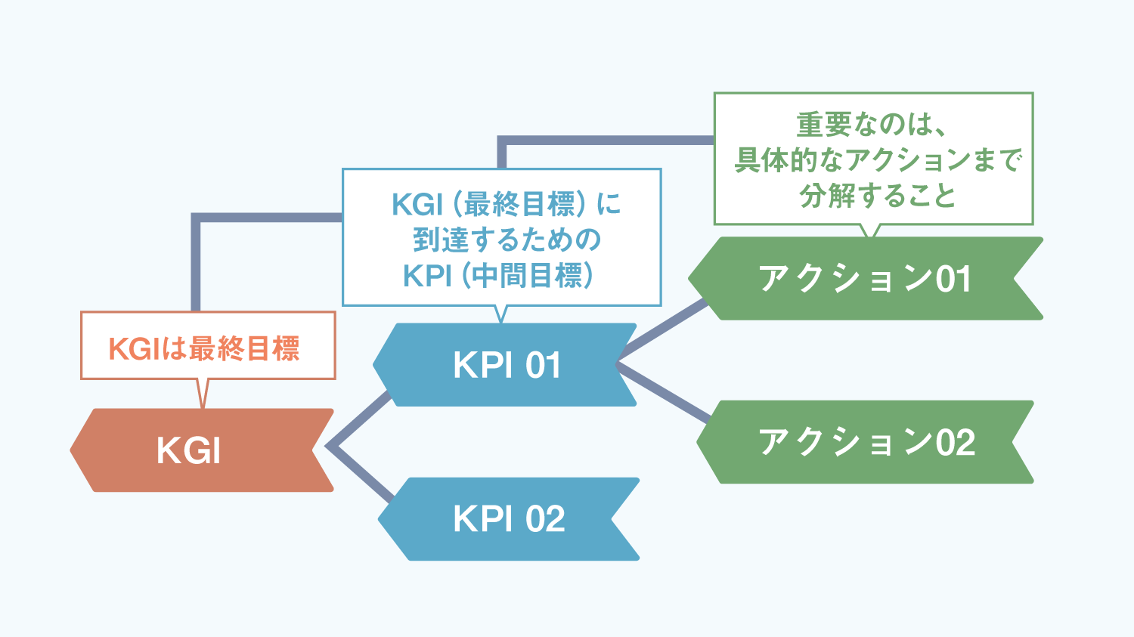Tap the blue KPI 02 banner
(508, 519)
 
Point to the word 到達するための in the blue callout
(507, 240)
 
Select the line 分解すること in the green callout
(877, 196)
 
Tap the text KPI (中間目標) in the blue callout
(499, 276)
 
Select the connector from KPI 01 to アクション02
(663, 391)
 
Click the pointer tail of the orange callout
(203, 393)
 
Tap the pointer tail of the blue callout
(500, 314)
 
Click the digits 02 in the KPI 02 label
(546, 519)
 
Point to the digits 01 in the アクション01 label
(953, 279)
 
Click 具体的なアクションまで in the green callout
(878, 159)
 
